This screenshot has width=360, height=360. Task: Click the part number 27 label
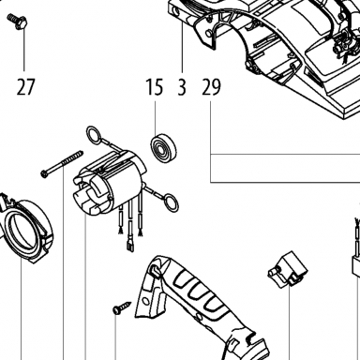tap(25, 87)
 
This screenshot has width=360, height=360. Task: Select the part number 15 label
tap(155, 87)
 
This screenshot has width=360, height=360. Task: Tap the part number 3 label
tap(182, 87)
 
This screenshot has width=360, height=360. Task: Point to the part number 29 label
tap(211, 87)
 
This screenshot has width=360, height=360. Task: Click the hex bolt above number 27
tap(18, 21)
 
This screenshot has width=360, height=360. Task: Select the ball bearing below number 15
tap(163, 147)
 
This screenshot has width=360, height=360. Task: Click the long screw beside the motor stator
tap(63, 164)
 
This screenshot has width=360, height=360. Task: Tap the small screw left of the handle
tap(122, 307)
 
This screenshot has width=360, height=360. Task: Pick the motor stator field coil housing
tap(110, 184)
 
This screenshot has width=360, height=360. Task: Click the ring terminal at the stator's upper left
tap(94, 136)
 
